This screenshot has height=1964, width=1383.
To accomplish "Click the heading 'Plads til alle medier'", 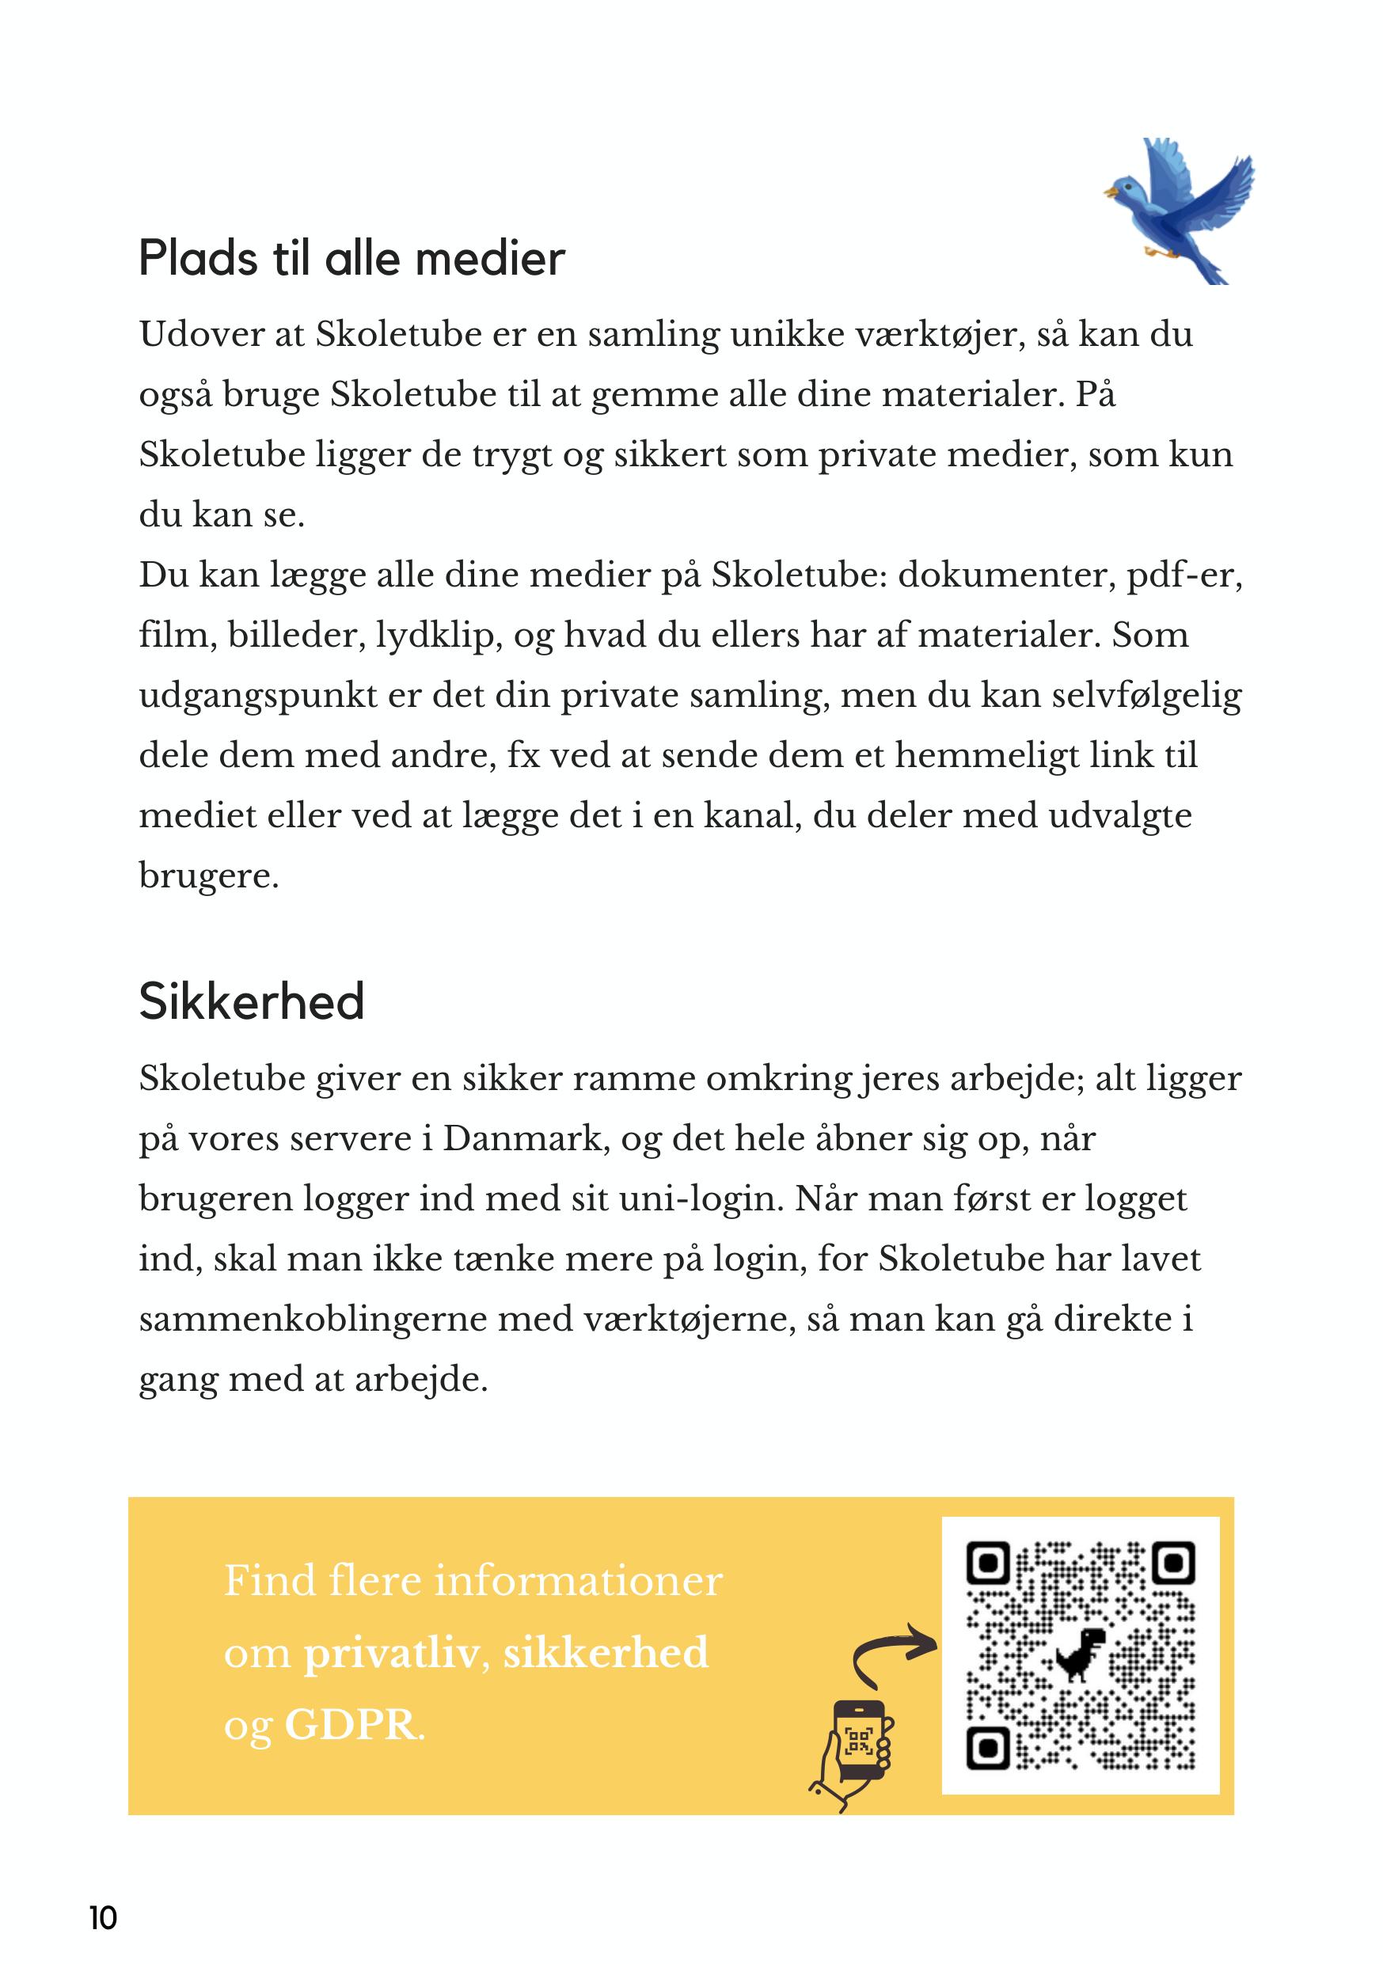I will click(351, 258).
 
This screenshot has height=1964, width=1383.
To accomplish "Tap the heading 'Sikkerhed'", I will click(252, 1001).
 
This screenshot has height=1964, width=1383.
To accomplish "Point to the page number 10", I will click(103, 1918).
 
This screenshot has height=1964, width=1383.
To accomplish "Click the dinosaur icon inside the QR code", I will click(1081, 1654).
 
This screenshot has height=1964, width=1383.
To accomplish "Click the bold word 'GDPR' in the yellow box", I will click(351, 1726).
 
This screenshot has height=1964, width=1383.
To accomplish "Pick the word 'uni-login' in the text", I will click(701, 1199).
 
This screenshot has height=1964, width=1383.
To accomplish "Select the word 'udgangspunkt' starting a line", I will click(258, 696).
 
